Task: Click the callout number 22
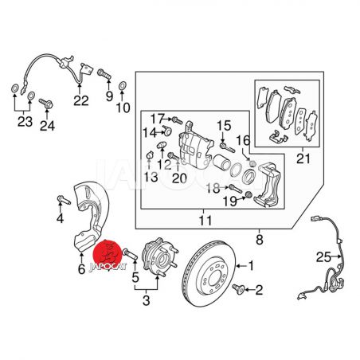pos(81,100)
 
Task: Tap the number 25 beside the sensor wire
pos(323,256)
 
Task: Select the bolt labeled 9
pos(104,73)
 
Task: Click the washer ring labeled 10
pos(122,86)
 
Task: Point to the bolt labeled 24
pos(46,104)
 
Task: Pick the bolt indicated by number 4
pos(64,200)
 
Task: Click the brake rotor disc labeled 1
pos(209,273)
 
